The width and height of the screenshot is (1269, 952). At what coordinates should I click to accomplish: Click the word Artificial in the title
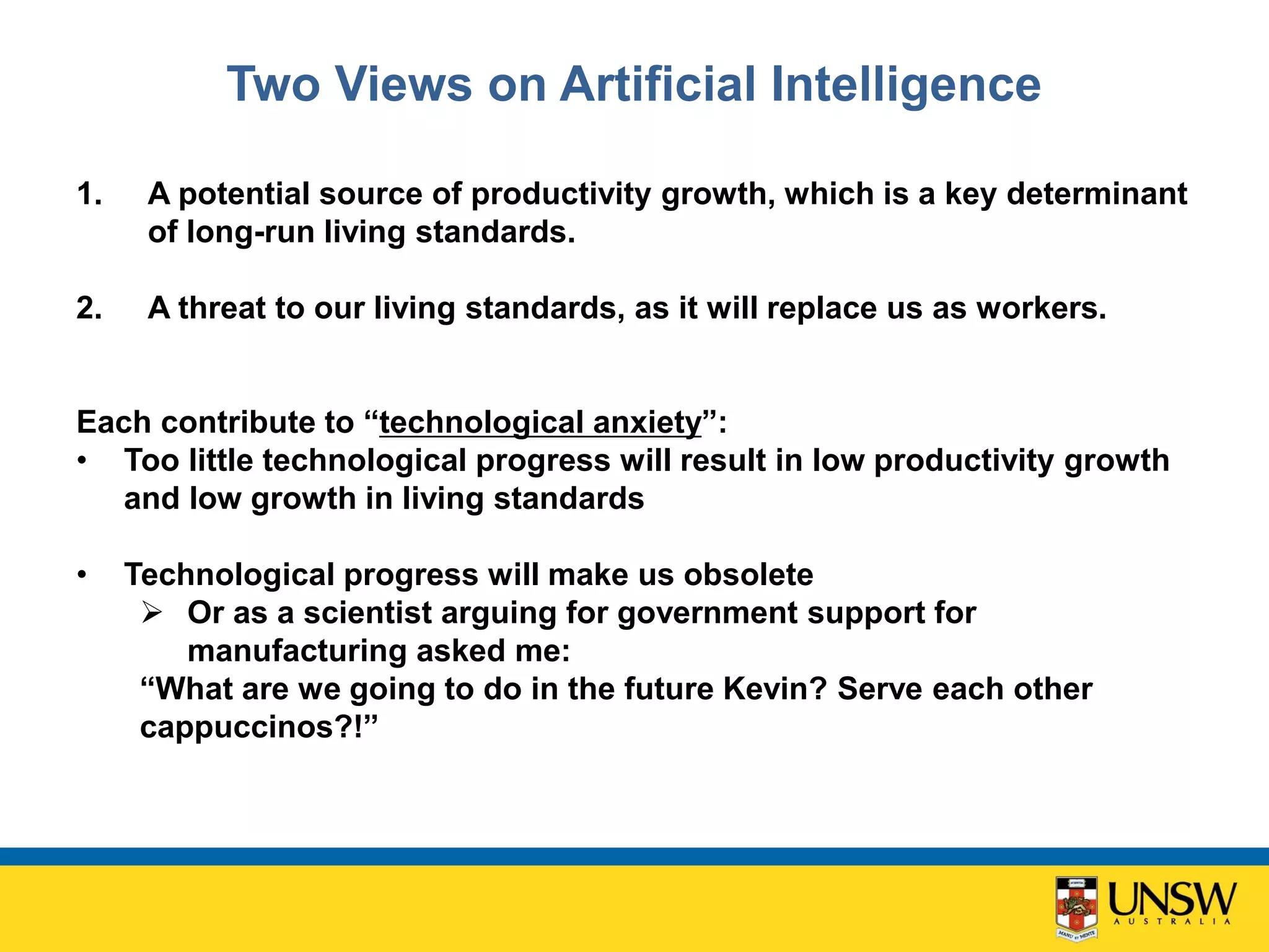[657, 84]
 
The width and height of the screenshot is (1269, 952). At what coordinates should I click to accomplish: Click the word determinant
[1097, 194]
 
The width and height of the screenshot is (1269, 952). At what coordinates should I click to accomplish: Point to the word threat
[222, 308]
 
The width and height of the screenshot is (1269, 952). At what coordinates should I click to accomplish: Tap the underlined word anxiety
[647, 423]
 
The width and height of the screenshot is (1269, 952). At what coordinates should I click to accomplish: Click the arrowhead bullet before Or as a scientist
[152, 613]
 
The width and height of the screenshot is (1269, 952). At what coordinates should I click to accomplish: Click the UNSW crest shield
[1076, 906]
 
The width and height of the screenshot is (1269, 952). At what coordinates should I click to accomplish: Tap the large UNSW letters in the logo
[1171, 899]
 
